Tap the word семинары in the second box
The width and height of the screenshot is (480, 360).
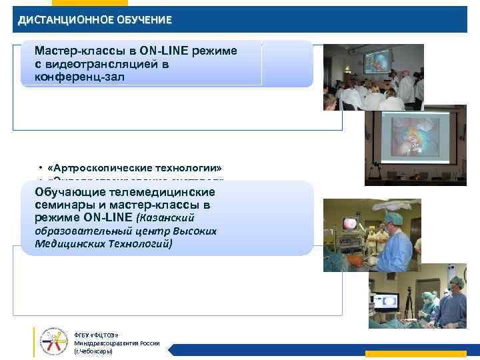[x=64, y=205]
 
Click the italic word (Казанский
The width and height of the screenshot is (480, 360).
[x=173, y=218]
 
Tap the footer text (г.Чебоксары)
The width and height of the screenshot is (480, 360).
[x=93, y=351]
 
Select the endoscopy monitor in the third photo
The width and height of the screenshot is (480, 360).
[x=349, y=224]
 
